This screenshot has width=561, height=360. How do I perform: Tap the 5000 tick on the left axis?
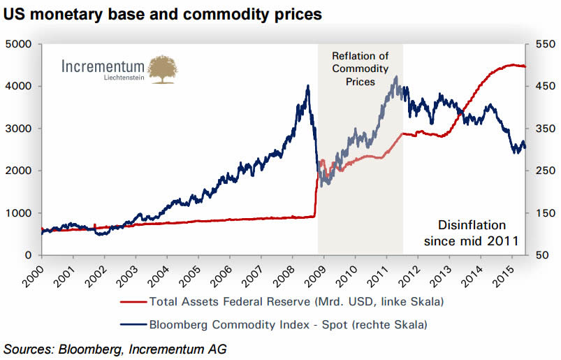tap(20, 44)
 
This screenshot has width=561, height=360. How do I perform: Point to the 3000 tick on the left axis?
tap(20, 129)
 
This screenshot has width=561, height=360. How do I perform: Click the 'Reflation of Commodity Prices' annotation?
tap(360, 69)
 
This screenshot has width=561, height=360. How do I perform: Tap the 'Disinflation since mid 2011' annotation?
tap(470, 233)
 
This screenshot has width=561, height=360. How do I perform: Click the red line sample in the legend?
tap(133, 302)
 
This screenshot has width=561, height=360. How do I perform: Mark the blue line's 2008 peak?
tap(308, 86)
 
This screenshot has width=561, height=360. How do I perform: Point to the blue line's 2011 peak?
tap(396, 77)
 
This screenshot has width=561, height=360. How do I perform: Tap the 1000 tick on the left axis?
tap(20, 213)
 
